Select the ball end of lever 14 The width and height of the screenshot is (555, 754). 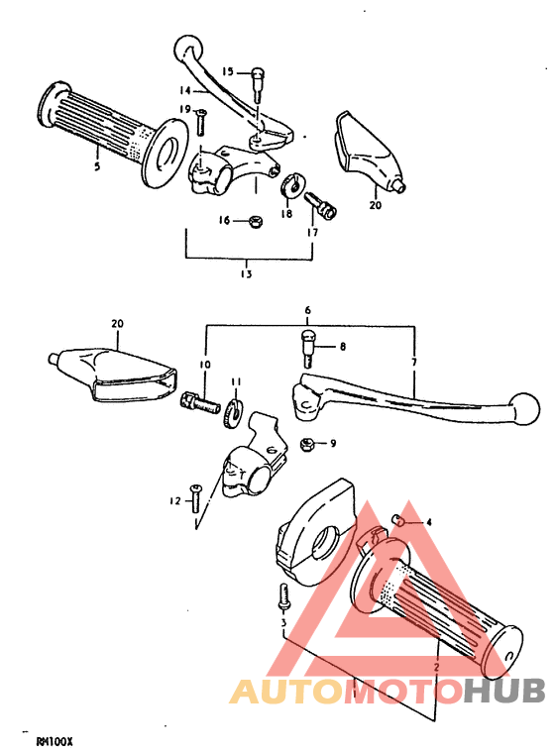coord(185,48)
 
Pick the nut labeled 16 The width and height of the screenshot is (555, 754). coord(253,221)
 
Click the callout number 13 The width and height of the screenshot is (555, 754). coord(246,273)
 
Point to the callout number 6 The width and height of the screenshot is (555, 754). coord(307,310)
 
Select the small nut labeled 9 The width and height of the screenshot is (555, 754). coord(308,444)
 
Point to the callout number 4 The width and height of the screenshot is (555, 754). coord(429,522)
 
